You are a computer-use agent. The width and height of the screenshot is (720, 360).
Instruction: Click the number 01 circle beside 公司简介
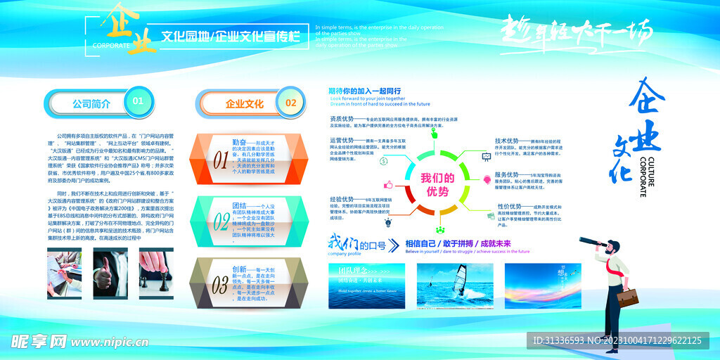[139, 101]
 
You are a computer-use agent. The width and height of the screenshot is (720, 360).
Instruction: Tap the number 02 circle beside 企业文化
[290, 103]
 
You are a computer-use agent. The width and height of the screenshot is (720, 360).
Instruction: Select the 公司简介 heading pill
[91, 103]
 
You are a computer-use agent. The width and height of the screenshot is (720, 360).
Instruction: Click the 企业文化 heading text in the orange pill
[245, 104]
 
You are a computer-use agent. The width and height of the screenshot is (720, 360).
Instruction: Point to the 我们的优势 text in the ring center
[437, 184]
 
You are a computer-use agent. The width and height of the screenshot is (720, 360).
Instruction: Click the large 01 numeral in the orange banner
[221, 157]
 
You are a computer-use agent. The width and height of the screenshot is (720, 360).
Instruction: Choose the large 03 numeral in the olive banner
[221, 283]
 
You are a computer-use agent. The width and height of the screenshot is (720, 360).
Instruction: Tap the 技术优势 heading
[506, 141]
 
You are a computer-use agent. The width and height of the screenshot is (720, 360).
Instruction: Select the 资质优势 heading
[341, 120]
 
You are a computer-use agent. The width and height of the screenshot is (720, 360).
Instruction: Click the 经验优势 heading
[341, 200]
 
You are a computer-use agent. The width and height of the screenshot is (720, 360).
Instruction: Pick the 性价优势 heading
[509, 207]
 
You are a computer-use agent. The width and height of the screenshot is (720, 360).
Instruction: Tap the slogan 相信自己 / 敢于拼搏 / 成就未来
[467, 243]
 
